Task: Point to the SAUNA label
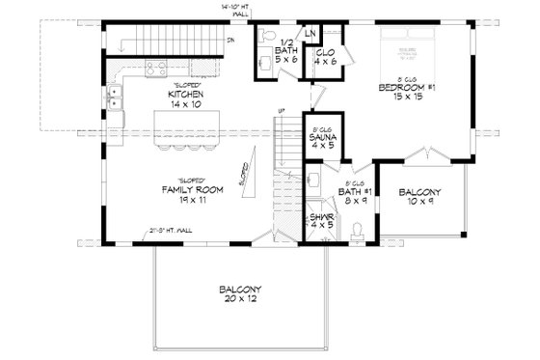click(320, 140)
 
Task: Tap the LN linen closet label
click(310, 34)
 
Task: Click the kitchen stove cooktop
click(154, 69)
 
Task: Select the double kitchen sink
click(115, 99)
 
